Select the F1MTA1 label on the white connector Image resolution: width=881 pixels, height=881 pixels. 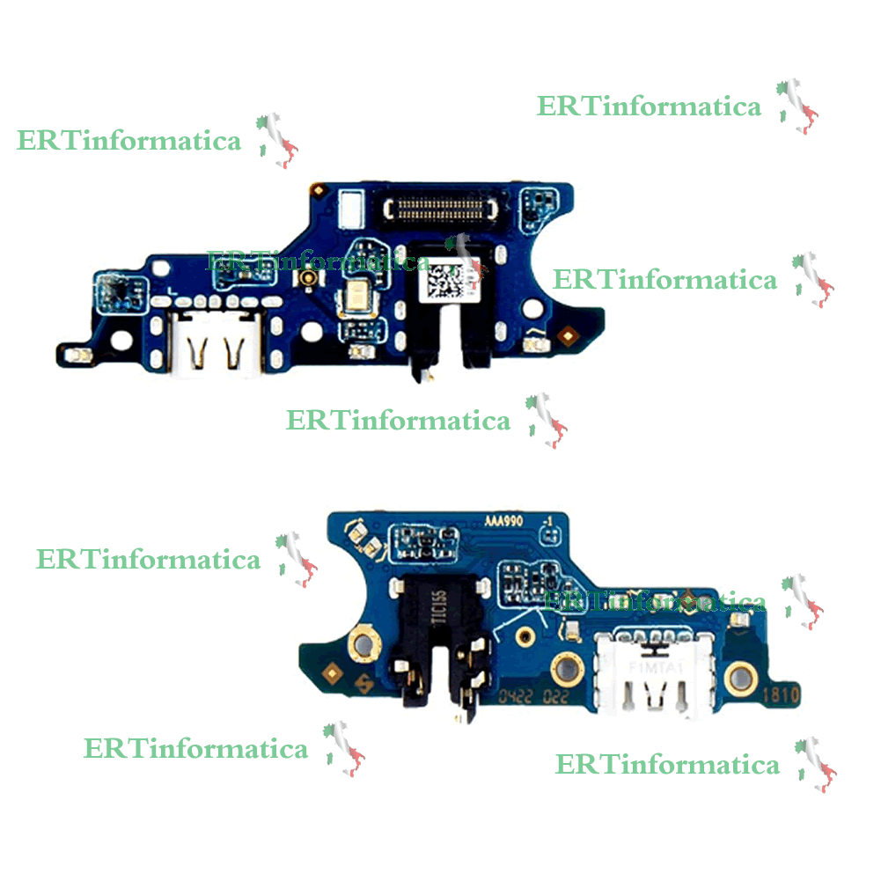645,668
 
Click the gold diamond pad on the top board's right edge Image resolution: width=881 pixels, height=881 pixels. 569,334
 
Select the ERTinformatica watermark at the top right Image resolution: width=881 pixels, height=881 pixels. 649,106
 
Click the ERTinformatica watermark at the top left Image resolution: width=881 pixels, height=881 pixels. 128,141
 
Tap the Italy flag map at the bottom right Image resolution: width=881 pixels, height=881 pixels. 814,764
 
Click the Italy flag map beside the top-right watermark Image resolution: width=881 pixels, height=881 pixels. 796,106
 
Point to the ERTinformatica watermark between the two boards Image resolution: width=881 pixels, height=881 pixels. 398,421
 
